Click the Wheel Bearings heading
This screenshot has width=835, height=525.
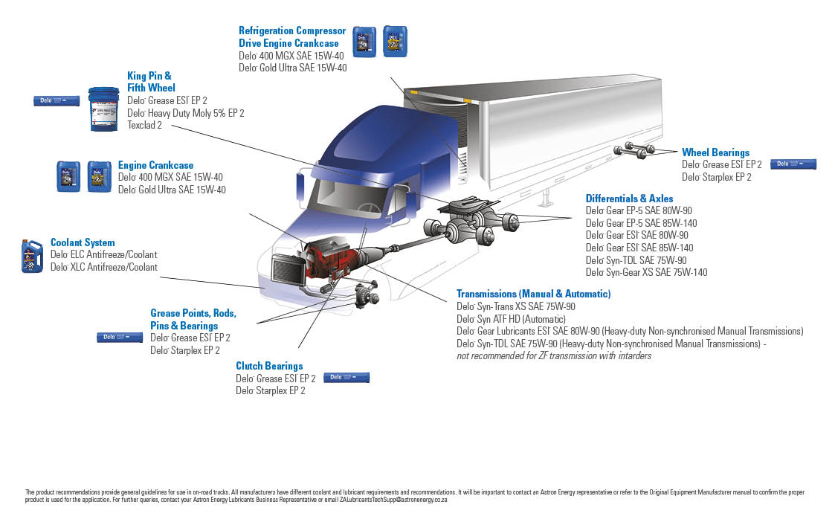point(715,152)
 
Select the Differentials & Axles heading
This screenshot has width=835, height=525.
point(629,199)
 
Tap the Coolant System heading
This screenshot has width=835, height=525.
point(83,242)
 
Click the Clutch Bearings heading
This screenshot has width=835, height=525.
point(269,366)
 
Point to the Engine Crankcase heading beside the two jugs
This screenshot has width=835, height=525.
point(155,165)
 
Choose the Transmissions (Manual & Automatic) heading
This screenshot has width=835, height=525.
point(533,294)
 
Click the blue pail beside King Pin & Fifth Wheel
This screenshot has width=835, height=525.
point(103,109)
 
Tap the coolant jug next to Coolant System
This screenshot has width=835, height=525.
point(32,256)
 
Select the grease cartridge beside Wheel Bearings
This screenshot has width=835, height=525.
point(793,164)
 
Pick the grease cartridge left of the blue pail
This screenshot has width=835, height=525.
point(57,100)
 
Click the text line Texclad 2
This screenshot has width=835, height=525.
point(144,125)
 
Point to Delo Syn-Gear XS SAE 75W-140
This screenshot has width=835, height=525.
point(646,272)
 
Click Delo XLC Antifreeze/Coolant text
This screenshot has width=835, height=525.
point(103,267)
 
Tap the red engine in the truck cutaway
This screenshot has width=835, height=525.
point(327,260)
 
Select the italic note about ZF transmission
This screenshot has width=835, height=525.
point(553,355)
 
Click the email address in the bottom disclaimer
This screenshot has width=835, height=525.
point(393,500)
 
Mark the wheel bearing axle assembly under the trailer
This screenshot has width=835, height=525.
point(634,151)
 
